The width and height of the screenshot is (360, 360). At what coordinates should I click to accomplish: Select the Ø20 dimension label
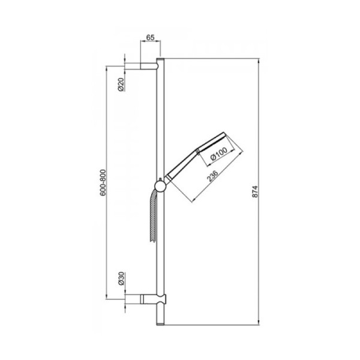(121, 84)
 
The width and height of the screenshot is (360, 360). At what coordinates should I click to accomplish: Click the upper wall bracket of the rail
(150, 65)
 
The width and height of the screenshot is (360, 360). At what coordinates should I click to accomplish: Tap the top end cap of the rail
(160, 60)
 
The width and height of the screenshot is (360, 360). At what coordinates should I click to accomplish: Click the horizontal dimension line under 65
(151, 44)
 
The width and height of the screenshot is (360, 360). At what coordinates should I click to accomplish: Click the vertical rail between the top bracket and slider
(160, 120)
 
